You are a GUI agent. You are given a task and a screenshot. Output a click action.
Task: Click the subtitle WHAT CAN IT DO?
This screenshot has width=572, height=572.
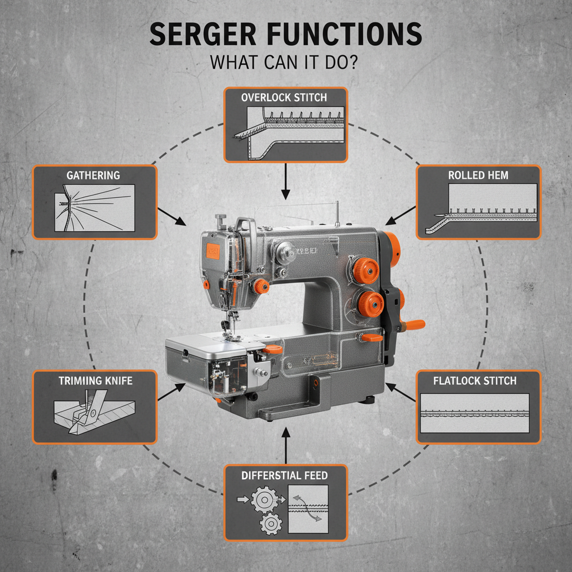[285, 62]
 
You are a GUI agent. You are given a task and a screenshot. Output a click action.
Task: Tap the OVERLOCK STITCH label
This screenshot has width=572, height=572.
[284, 97]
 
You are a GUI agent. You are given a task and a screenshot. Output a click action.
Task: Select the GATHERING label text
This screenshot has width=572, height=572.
[93, 175]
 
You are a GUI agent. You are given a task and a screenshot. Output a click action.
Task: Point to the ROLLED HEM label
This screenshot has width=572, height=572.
[478, 175]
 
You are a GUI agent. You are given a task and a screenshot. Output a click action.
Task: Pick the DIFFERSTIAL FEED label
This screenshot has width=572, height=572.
[285, 475]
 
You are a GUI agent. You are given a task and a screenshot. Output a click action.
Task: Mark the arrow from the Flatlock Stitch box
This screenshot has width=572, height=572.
[401, 392]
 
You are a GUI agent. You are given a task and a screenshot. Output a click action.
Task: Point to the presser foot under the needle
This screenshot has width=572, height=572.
[229, 335]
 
